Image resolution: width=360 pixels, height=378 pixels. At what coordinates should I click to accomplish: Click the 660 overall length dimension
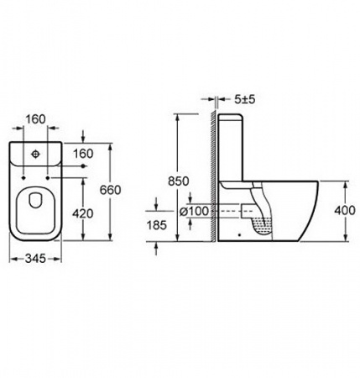(x=111, y=190)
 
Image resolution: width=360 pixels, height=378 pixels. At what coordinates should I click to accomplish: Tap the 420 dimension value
(x=82, y=214)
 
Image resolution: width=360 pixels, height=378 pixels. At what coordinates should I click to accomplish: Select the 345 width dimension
(x=35, y=259)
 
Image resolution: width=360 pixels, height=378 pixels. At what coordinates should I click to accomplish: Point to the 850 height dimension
(x=179, y=181)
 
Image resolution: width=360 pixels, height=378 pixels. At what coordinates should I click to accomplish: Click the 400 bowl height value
(x=345, y=210)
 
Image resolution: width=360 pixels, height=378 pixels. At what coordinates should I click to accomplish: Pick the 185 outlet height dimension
(x=157, y=225)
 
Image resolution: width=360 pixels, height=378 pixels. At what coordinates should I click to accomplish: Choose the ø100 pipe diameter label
(x=194, y=211)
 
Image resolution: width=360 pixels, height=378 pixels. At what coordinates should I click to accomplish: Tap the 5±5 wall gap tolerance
(x=245, y=99)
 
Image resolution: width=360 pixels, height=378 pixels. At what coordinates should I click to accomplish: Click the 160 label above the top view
(x=35, y=119)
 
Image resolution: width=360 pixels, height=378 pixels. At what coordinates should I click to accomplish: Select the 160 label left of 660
(x=83, y=154)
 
